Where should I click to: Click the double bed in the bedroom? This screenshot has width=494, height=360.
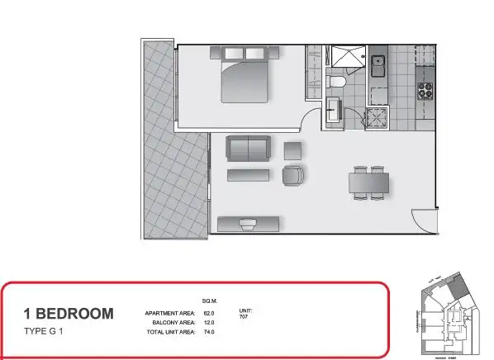[245, 77]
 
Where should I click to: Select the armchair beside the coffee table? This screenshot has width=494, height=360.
[293, 175]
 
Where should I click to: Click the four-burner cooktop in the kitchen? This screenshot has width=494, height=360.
[426, 90]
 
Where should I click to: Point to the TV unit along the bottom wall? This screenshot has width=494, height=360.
[249, 222]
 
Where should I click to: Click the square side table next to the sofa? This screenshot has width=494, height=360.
[293, 149]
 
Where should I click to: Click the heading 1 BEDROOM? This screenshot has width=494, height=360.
[69, 313]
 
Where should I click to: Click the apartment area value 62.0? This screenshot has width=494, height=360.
[208, 313]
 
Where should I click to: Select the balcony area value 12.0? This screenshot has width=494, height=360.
[208, 322]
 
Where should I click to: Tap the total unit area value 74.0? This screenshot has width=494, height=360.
[208, 331]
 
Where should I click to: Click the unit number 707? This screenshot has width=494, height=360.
[245, 316]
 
